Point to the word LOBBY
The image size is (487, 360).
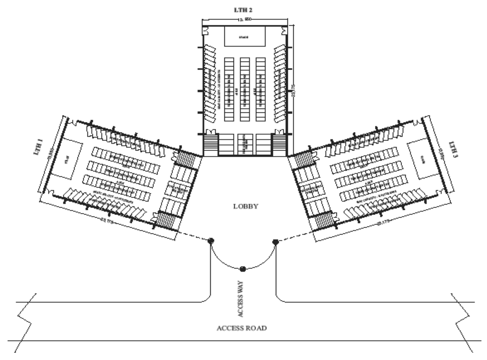245,207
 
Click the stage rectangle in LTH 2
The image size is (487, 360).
244,36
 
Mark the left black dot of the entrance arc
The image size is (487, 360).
210,241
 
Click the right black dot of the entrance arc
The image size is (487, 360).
275,242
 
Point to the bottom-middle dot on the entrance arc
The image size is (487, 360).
243,269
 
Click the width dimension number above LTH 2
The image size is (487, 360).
244,20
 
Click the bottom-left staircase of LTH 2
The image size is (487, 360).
210,142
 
